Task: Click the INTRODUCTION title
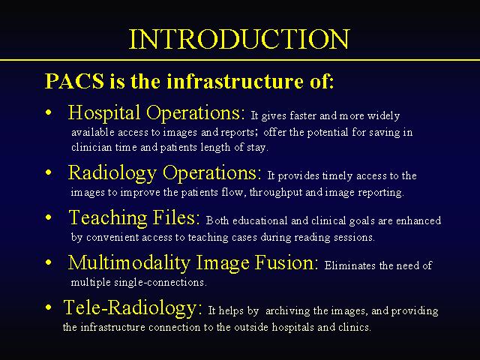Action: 239,39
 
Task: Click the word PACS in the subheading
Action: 74,81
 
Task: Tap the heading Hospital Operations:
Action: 157,112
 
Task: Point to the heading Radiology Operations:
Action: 165,173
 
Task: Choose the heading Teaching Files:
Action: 135,218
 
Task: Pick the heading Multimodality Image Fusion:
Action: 193,263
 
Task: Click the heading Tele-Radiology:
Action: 133,307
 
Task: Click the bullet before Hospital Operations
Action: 48,112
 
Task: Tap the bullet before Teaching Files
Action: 48,217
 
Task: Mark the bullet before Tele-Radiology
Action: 48,307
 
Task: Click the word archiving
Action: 288,311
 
